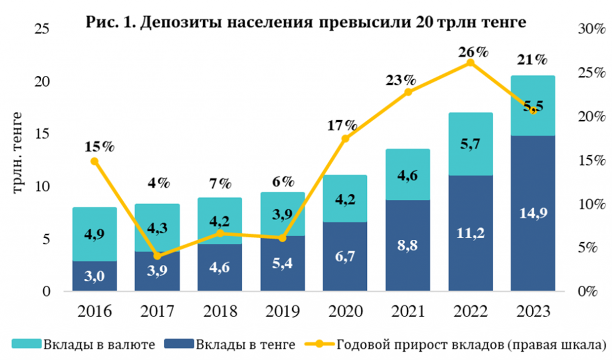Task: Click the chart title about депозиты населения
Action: point(306,23)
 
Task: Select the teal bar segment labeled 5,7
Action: point(470,144)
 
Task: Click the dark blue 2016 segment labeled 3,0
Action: point(94,276)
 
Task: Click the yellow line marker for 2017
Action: point(157,256)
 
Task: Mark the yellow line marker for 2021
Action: point(408,92)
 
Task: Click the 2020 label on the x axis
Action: point(345,311)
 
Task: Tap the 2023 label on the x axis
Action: point(533,311)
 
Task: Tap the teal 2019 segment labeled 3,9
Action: point(282,214)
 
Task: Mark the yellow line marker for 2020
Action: point(345,139)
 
